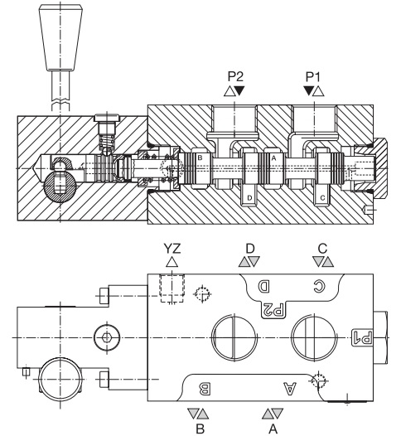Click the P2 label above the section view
235,76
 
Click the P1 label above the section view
313,76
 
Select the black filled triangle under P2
239,90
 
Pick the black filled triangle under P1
308,90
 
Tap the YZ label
172,249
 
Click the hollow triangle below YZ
172,262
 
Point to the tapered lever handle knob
60,38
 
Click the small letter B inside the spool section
200,158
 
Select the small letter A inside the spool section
273,158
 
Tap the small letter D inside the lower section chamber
249,198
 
